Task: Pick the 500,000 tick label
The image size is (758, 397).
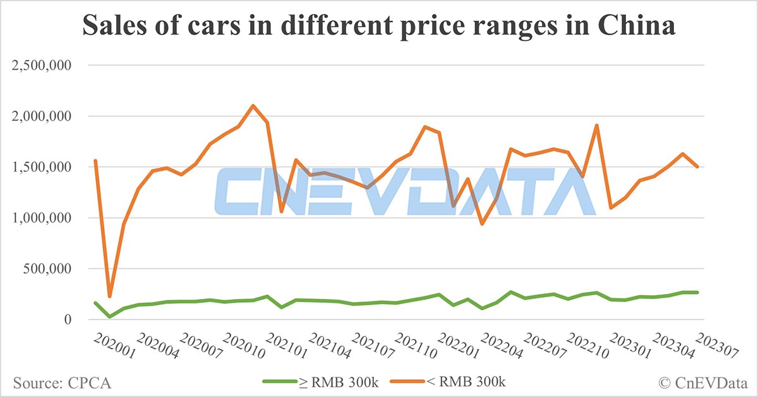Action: point(48,269)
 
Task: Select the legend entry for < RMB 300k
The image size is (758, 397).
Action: point(448,381)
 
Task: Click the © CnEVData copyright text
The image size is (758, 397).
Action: point(703,382)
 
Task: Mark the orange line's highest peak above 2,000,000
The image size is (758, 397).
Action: point(253,106)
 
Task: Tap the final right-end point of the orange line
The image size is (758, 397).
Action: point(697,167)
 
